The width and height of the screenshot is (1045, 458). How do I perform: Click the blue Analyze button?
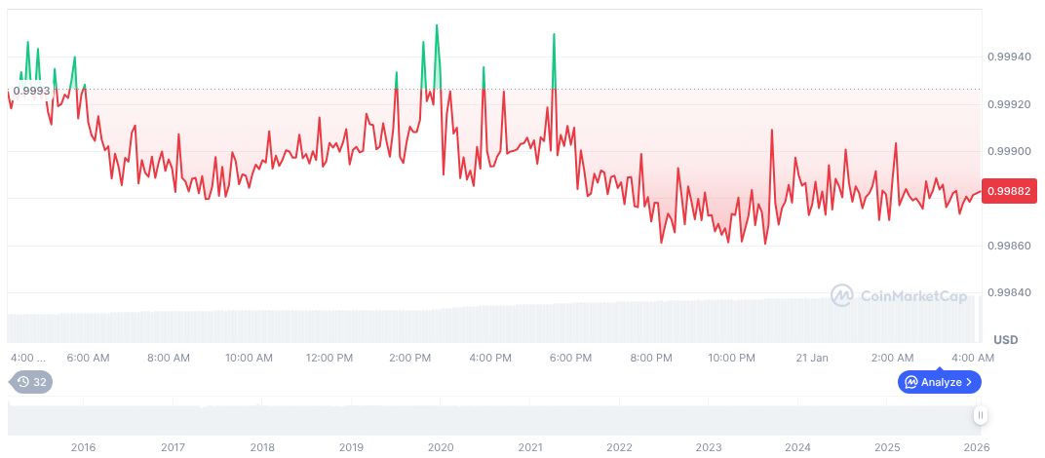click(x=940, y=382)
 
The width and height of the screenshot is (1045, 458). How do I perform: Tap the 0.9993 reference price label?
click(x=31, y=91)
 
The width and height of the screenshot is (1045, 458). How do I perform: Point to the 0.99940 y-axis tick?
click(x=1008, y=57)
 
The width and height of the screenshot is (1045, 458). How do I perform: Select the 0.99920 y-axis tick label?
click(x=1008, y=104)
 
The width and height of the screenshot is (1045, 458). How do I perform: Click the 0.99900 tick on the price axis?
click(x=1008, y=152)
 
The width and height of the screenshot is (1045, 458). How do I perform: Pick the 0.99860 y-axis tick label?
click(x=1008, y=247)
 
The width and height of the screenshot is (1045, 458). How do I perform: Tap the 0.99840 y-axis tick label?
click(x=1008, y=293)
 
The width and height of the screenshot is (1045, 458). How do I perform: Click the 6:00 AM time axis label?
click(x=88, y=358)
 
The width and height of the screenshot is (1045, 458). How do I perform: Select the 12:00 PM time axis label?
click(x=329, y=358)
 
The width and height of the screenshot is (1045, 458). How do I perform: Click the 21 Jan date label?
click(x=811, y=358)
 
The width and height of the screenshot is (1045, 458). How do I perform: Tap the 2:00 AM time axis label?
click(x=892, y=358)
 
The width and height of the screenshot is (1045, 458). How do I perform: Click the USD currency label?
click(x=1005, y=339)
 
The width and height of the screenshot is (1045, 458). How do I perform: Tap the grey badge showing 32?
click(x=31, y=382)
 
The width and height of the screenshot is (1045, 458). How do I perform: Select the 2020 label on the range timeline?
click(x=441, y=447)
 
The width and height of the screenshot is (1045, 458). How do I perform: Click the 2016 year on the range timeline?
click(x=84, y=447)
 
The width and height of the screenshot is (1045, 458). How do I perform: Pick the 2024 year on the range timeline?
click(x=797, y=447)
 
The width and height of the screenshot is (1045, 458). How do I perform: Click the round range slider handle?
click(x=981, y=415)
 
